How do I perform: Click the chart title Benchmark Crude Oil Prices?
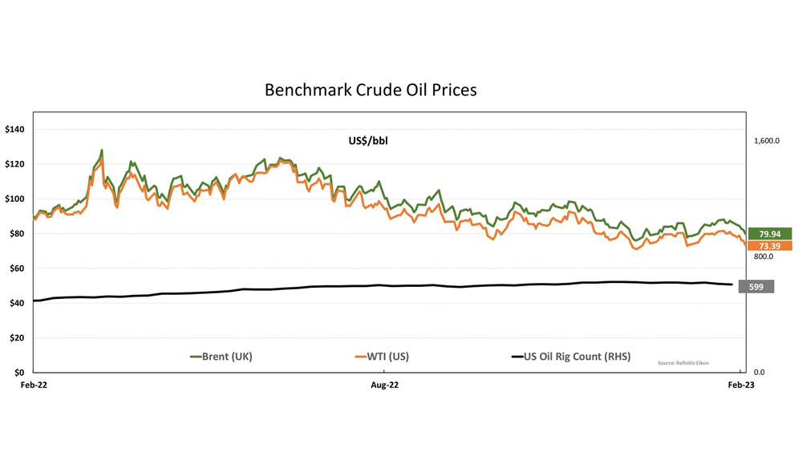pyautogui.click(x=371, y=90)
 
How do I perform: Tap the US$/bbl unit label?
pyautogui.click(x=368, y=141)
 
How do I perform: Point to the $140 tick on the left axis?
pyautogui.click(x=15, y=129)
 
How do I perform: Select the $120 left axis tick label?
pyautogui.click(x=15, y=164)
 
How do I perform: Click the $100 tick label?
pyautogui.click(x=15, y=199)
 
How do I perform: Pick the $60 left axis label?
pyautogui.click(x=18, y=268)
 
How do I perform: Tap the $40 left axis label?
pyautogui.click(x=18, y=303)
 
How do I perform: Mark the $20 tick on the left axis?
pyautogui.click(x=18, y=338)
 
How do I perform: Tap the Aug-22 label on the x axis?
pyautogui.click(x=384, y=385)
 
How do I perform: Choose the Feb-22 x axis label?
pyautogui.click(x=33, y=385)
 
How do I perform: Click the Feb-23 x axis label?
pyautogui.click(x=740, y=385)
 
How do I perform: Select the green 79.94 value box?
pyautogui.click(x=769, y=234)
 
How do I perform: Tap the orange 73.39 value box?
pyautogui.click(x=769, y=246)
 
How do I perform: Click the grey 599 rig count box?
pyautogui.click(x=755, y=287)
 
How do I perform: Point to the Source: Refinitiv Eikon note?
pyautogui.click(x=683, y=363)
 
